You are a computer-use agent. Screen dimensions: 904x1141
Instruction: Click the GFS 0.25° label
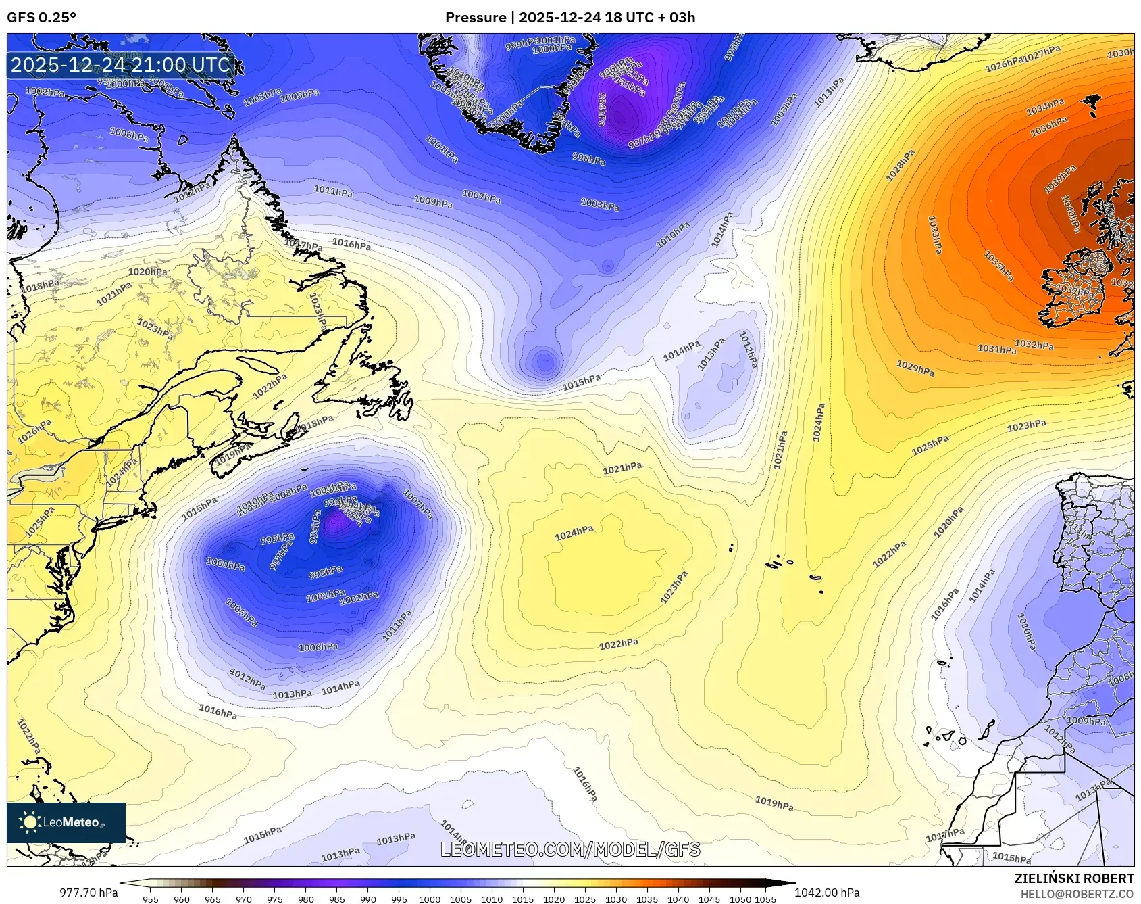click(x=42, y=18)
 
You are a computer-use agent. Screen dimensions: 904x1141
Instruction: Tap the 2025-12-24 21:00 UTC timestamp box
click(x=121, y=65)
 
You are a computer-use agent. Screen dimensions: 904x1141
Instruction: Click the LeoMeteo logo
click(x=66, y=822)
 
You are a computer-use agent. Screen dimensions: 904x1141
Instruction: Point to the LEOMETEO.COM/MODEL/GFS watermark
click(x=570, y=849)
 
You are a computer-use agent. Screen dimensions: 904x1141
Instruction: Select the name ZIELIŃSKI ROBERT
click(x=1073, y=878)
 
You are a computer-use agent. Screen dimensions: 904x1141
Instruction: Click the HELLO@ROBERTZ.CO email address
click(x=1077, y=894)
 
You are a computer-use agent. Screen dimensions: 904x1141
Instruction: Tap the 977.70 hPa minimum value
click(x=88, y=893)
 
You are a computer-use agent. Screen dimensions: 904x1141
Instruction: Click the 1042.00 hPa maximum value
click(x=827, y=893)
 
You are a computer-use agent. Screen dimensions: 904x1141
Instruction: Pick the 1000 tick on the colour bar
click(x=430, y=899)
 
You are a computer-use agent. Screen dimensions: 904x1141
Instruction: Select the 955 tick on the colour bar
click(x=151, y=899)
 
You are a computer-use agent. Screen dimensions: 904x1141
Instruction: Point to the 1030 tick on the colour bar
click(x=616, y=899)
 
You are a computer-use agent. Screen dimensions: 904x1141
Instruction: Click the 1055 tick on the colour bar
click(x=765, y=899)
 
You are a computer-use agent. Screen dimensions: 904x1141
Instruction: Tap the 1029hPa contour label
click(x=915, y=368)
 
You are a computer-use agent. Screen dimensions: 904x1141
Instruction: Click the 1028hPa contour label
click(x=901, y=166)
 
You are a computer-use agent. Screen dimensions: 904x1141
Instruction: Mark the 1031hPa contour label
click(x=996, y=349)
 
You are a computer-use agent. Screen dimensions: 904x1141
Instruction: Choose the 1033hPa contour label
click(x=934, y=235)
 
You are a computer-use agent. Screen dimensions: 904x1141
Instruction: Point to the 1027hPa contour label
click(x=1041, y=53)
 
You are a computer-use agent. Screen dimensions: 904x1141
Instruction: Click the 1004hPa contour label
click(x=442, y=149)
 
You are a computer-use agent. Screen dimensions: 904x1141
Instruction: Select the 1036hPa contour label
click(x=1048, y=126)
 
